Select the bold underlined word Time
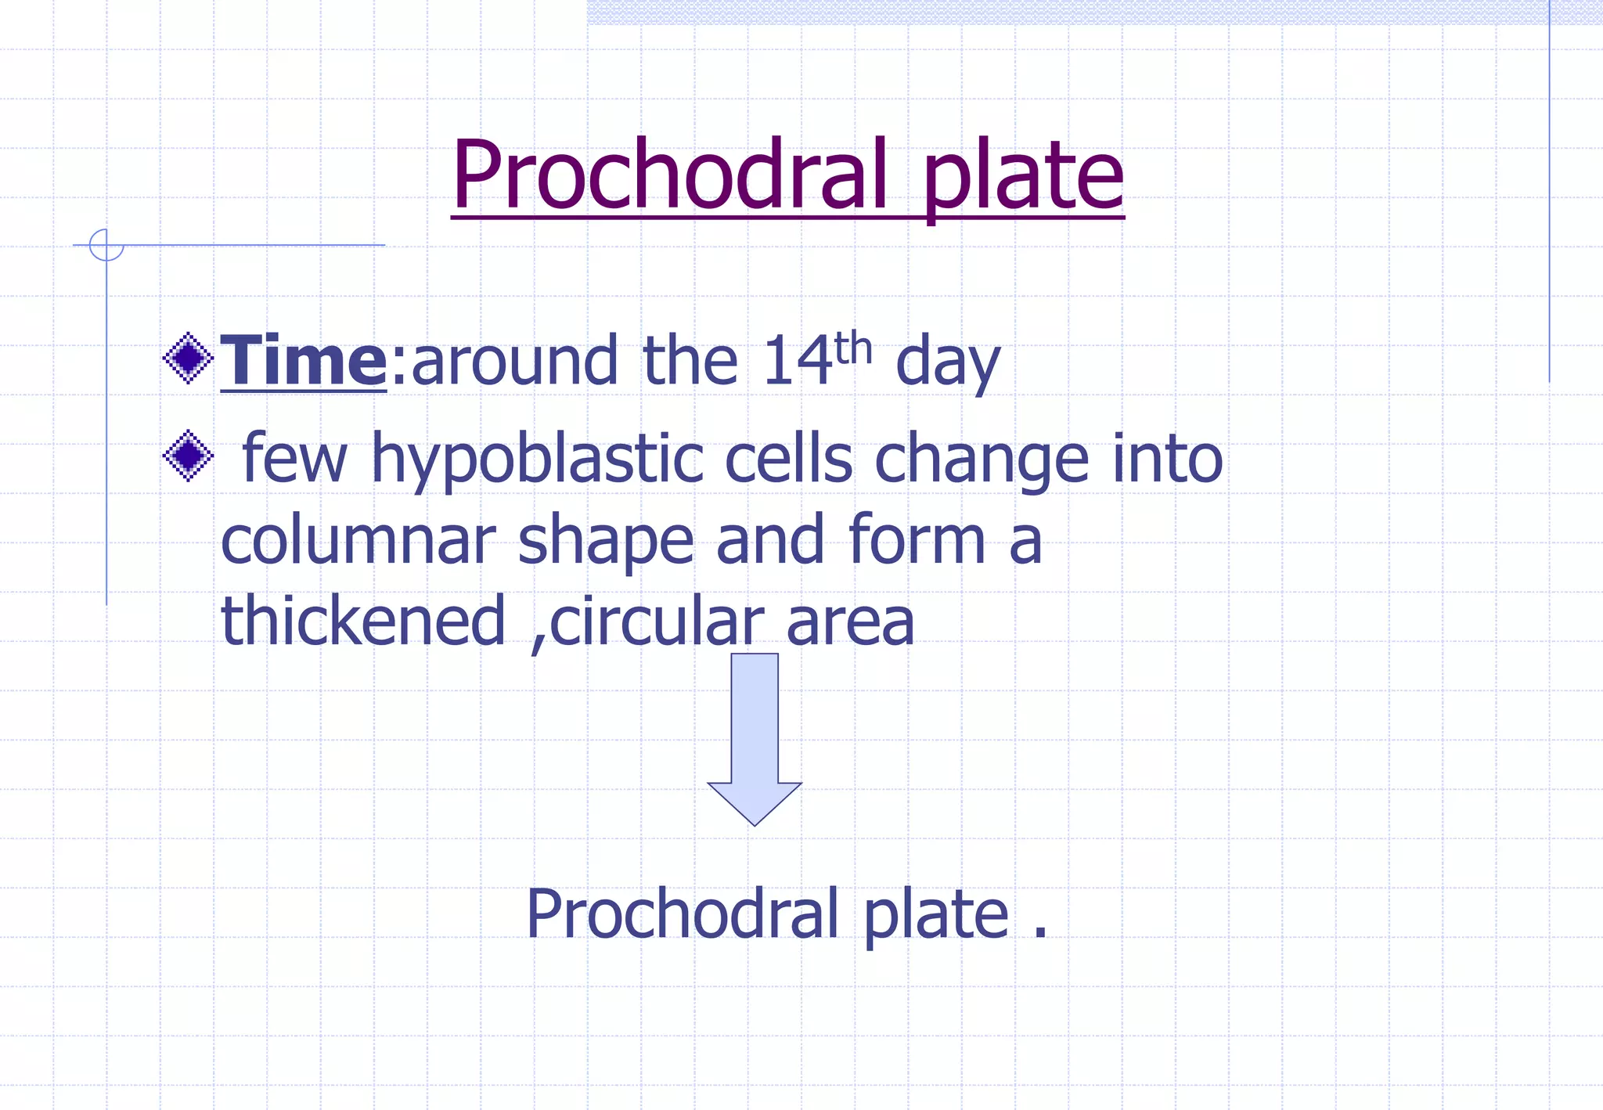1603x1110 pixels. (x=304, y=360)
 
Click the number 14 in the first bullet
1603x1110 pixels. (x=797, y=362)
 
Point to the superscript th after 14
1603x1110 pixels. (x=853, y=349)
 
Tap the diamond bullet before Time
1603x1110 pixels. (x=188, y=359)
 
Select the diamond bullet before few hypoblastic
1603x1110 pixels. (x=188, y=456)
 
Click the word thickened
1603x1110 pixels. (x=363, y=621)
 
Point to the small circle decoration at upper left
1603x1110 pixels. (x=106, y=245)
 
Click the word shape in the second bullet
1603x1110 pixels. (x=606, y=542)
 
